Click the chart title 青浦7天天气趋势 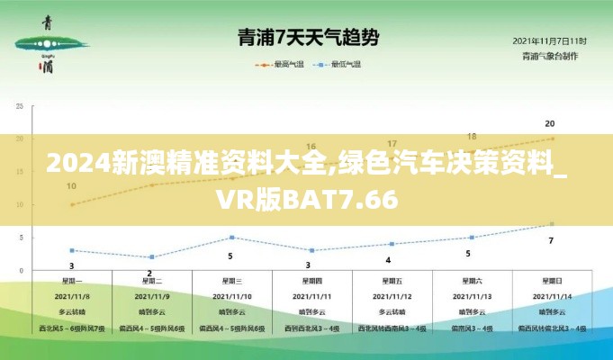[307, 38]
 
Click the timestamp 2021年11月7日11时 [549, 41]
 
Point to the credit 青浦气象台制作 [549, 56]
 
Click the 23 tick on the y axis [21, 106]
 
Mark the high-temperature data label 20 [550, 123]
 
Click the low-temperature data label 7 [551, 240]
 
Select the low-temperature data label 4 [388, 259]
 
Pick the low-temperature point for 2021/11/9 [151, 257]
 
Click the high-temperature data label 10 [71, 187]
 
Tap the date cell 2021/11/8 [72, 295]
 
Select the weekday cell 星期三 [230, 281]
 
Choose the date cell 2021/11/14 [551, 295]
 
